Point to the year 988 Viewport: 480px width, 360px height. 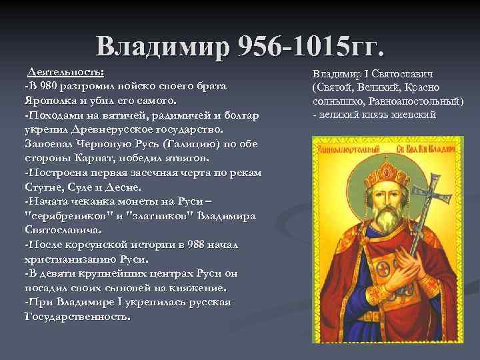click(x=179, y=245)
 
